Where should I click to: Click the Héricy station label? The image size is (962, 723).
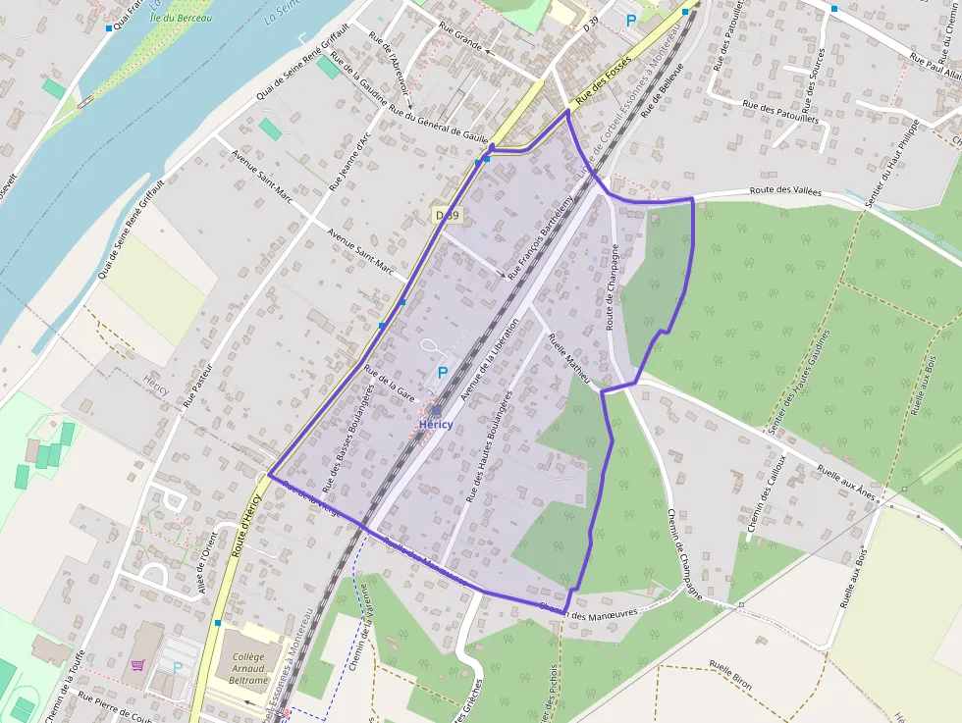tap(436, 424)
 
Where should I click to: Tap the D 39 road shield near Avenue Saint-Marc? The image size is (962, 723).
tap(447, 214)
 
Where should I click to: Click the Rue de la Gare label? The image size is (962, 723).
tap(391, 385)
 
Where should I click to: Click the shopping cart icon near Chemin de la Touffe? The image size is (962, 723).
tap(137, 665)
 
